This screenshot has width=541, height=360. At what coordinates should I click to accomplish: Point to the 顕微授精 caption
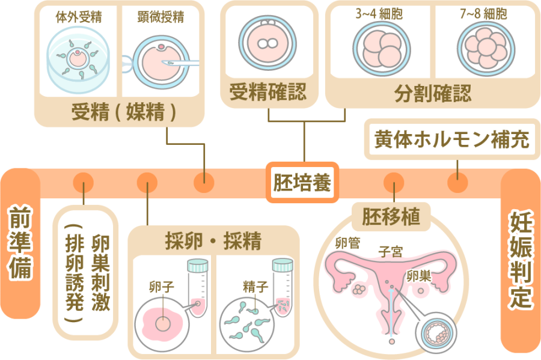pos(160,17)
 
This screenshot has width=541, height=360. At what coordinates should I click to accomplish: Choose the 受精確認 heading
pos(268,93)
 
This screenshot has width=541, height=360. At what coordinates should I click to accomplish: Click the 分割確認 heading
pos(433,94)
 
